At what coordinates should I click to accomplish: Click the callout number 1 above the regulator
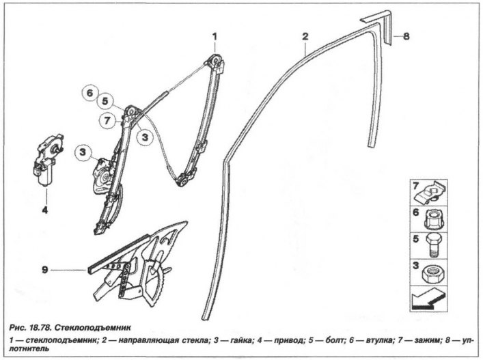pos(215,37)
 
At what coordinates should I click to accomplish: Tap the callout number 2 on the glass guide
pos(305,37)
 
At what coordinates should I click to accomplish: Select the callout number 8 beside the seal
pos(406,36)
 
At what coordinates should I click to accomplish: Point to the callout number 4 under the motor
pos(45,210)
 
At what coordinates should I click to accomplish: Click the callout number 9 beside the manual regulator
pos(45,270)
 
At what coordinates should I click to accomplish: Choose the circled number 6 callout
pos(89,93)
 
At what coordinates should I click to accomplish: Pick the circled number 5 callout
pos(105,101)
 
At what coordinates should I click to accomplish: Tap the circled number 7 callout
pos(107,121)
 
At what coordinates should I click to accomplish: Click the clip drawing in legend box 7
pos(430,193)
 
